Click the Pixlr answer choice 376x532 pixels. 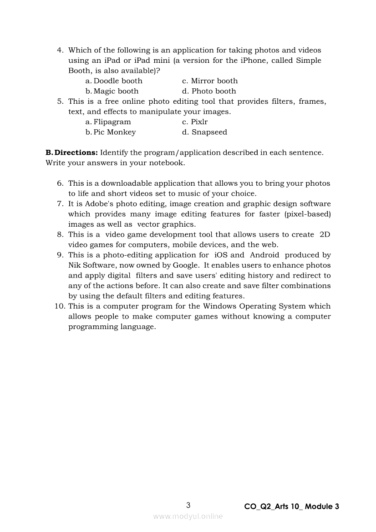coord(199,122)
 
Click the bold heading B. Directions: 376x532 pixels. coord(71,152)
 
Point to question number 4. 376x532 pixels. coord(60,50)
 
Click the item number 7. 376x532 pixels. coord(60,204)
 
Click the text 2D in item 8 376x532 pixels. coord(325,234)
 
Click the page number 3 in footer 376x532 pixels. coord(188,505)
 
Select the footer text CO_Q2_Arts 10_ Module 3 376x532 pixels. coord(291,507)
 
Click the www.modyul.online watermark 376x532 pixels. coord(188,516)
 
